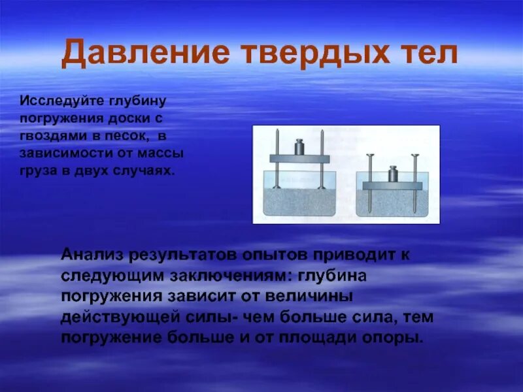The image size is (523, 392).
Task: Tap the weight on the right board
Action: (x=394, y=175)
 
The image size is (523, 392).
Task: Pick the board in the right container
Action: (x=394, y=186)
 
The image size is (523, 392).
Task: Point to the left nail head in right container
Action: (x=371, y=155)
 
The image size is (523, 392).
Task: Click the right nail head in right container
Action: (x=414, y=155)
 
